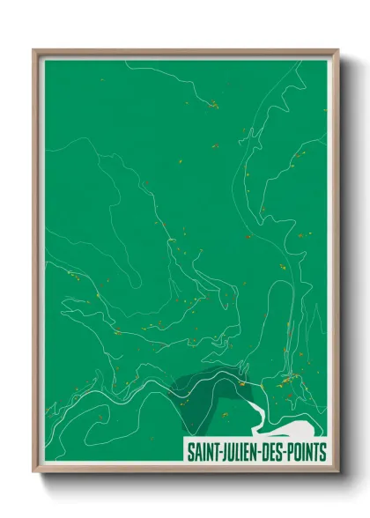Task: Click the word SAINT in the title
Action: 199,452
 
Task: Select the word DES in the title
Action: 267,452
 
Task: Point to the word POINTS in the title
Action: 304,452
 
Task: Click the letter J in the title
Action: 219,452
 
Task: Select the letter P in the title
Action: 286,452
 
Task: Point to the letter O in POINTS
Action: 293,452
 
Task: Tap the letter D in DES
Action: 260,452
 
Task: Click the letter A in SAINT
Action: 195,452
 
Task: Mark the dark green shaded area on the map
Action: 198,388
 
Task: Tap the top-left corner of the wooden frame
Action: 34,50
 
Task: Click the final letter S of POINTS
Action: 322,452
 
